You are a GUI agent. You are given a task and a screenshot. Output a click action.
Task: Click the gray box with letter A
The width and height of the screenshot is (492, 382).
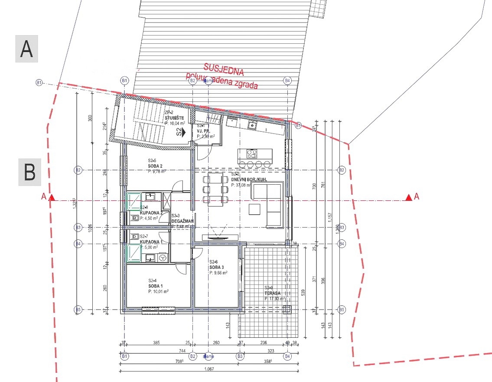point(27,49)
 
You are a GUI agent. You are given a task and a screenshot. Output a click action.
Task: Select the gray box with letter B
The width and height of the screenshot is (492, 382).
point(29,172)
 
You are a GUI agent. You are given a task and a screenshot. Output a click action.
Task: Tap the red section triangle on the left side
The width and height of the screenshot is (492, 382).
point(52,198)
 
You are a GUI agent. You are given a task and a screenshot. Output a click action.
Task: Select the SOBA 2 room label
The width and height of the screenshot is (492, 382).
point(155,166)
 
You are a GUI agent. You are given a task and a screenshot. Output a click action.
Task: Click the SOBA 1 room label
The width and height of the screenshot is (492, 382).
point(155,286)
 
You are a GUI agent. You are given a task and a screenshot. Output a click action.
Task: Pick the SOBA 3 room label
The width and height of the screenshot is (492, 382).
point(216,267)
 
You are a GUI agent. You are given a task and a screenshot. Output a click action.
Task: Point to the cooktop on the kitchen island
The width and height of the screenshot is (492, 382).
point(251,153)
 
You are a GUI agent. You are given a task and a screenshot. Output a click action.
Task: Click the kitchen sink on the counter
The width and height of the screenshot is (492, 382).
point(251,125)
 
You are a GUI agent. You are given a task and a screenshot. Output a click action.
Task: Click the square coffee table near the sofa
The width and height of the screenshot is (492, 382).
point(255,209)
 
